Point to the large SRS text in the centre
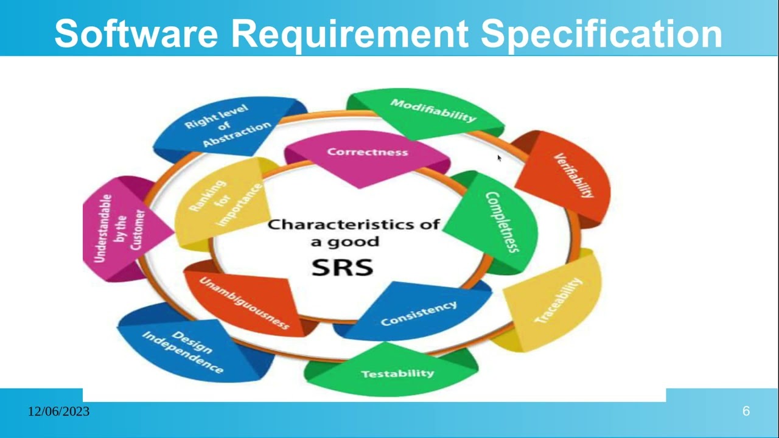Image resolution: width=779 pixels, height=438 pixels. pos(342,267)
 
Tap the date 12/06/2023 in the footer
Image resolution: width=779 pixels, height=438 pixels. pos(58,412)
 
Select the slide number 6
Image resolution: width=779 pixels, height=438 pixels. pos(746,412)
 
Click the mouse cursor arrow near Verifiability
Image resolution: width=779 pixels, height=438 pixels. pos(499,158)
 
